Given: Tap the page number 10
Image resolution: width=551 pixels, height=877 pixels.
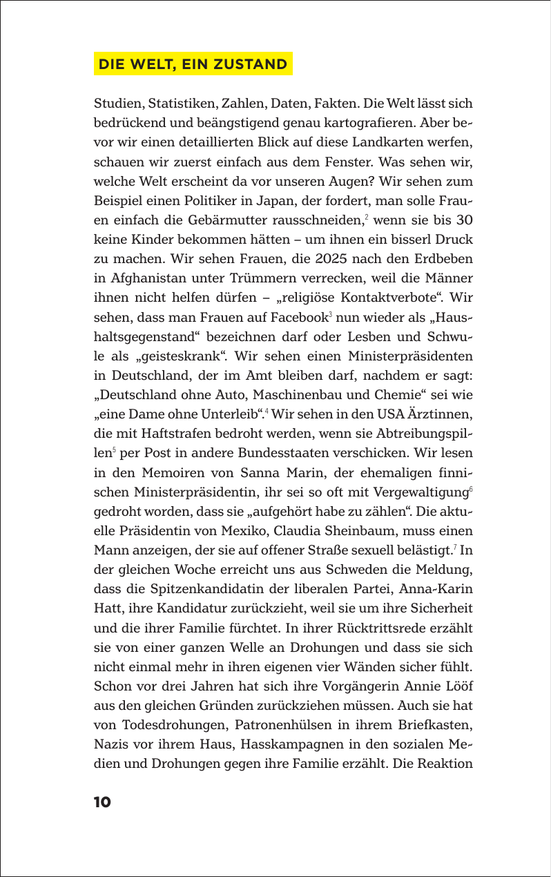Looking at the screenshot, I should (x=102, y=802).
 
